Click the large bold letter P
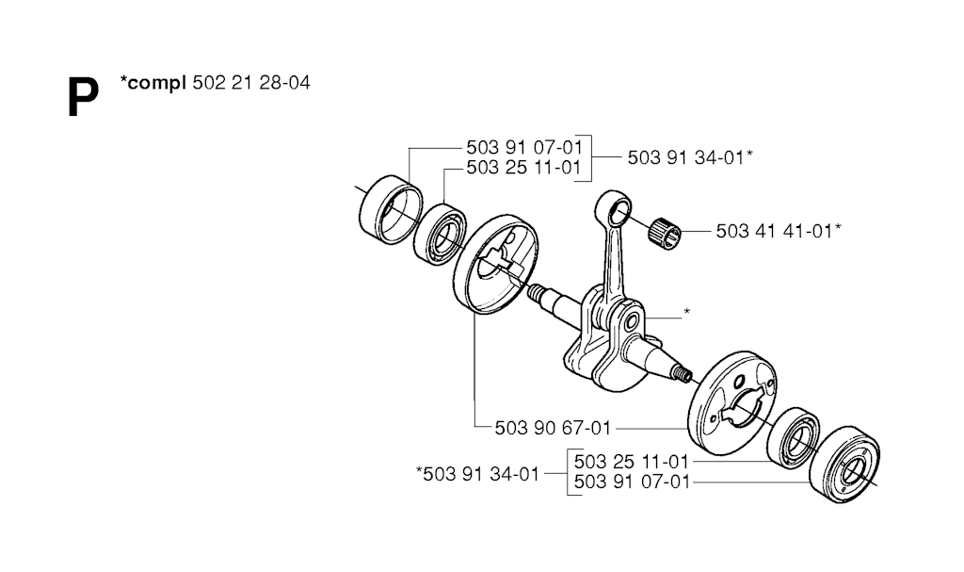(x=83, y=97)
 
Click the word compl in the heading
(x=157, y=83)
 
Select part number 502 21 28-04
(x=251, y=83)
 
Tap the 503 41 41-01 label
(x=775, y=232)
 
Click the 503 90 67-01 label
(x=553, y=428)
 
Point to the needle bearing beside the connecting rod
(x=665, y=232)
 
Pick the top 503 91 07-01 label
(x=523, y=148)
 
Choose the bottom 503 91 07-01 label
(x=632, y=482)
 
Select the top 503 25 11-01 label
(x=523, y=168)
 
